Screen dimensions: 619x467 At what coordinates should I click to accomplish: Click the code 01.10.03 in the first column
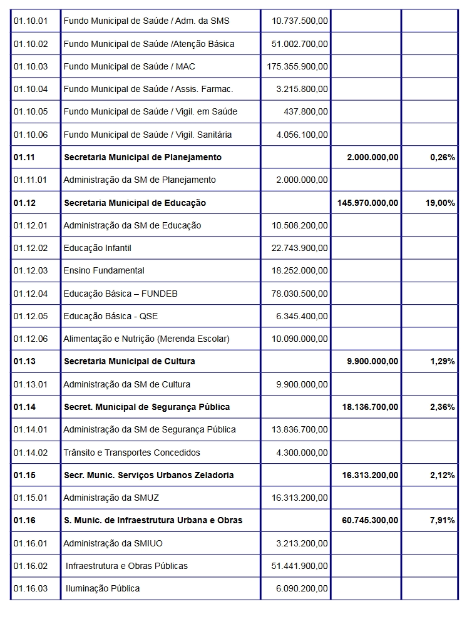(30, 66)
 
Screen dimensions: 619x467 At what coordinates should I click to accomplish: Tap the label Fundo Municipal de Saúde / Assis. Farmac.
(148, 89)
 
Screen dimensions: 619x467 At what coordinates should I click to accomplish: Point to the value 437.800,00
(305, 111)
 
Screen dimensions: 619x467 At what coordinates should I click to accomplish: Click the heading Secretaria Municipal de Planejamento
(143, 157)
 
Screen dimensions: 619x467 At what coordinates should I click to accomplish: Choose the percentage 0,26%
(442, 157)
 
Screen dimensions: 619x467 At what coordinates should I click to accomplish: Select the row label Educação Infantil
(97, 248)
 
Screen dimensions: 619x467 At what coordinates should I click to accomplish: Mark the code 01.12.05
(30, 316)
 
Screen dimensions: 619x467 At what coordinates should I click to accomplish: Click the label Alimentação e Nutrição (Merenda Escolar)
(146, 339)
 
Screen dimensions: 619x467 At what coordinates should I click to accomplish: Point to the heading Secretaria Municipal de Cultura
(130, 361)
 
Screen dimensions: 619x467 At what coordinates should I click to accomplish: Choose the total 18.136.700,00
(370, 407)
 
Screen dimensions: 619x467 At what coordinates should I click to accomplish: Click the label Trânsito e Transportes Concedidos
(131, 452)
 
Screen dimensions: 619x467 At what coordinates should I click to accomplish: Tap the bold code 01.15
(24, 475)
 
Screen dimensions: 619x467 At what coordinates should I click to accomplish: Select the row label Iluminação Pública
(103, 588)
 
